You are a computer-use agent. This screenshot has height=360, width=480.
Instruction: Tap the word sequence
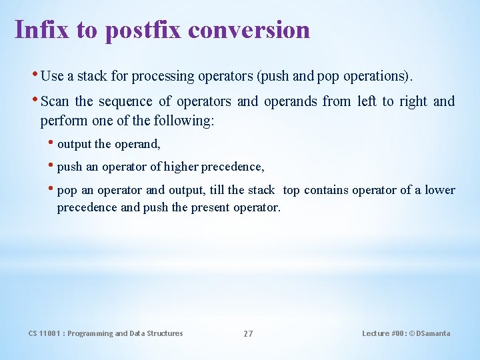(x=126, y=101)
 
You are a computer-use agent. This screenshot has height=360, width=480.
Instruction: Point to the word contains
(x=326, y=190)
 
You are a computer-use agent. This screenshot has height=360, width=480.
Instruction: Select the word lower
(x=440, y=190)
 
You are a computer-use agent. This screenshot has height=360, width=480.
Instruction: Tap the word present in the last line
(x=210, y=207)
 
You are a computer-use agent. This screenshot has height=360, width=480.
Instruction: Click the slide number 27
(x=248, y=333)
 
